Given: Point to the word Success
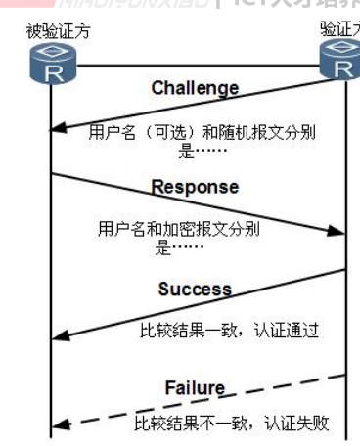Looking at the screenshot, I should pos(196,290).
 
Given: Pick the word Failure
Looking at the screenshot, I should pos(194,388).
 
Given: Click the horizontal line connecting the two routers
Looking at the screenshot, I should pos(196,66).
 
